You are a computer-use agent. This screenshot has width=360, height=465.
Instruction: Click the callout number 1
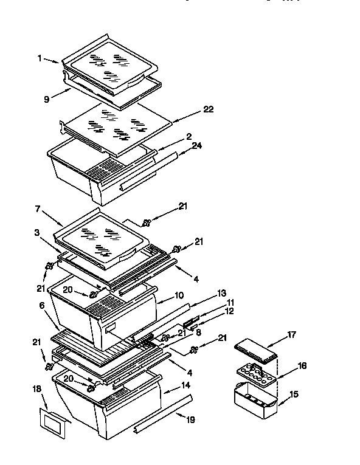[40, 58]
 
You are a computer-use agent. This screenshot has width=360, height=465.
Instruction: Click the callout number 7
[38, 209]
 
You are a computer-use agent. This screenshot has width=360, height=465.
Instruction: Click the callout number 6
[42, 306]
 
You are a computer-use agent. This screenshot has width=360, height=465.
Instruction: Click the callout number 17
[291, 334]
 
